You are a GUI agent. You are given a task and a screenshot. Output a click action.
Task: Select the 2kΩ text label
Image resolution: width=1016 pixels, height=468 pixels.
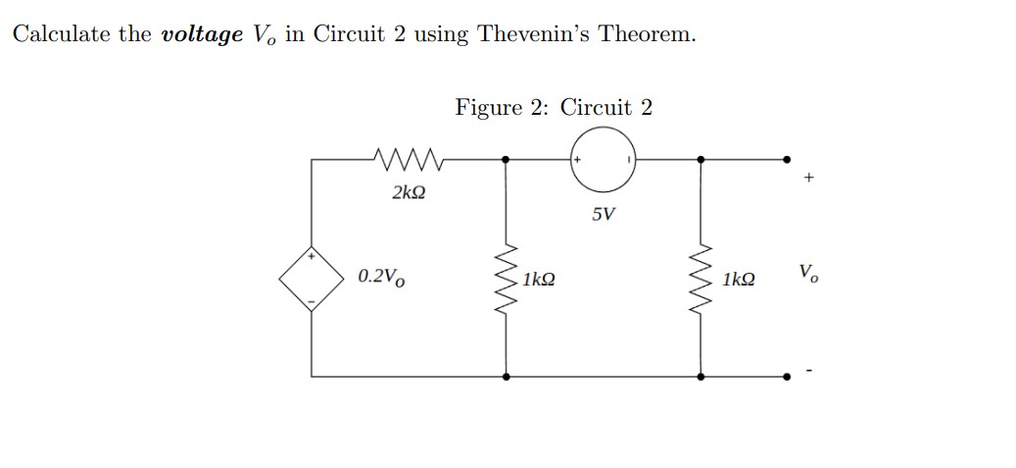point(409,192)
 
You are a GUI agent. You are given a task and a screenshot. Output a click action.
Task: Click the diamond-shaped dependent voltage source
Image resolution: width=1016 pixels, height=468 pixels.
point(312,278)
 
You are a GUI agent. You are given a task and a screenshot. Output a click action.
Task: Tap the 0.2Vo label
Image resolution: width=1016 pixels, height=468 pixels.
point(378,277)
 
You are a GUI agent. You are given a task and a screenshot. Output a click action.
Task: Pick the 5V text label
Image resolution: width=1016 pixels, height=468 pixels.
point(604,213)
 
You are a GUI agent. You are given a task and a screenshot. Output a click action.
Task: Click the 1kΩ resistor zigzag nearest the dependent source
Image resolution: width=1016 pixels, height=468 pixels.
point(507,279)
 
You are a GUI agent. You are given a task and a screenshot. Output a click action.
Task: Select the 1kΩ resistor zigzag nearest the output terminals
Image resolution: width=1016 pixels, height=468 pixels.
point(702,279)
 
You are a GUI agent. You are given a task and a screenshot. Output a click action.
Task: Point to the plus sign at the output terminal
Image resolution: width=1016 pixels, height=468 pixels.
point(807,179)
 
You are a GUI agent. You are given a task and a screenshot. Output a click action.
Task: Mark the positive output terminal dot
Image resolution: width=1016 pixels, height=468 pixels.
point(787,157)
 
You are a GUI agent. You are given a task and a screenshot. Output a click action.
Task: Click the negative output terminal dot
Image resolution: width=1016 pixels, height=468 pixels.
point(787,376)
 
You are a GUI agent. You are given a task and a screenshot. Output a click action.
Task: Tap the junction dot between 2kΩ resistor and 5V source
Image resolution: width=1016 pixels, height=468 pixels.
point(507,157)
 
